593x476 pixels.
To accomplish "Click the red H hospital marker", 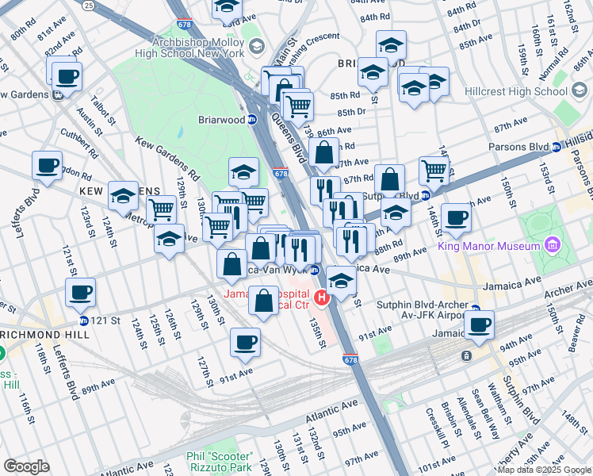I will [x=322, y=298].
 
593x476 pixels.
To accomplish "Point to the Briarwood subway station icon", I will [x=252, y=120].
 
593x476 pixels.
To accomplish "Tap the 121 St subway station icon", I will [x=84, y=321].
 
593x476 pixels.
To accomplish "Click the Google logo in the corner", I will [x=26, y=466].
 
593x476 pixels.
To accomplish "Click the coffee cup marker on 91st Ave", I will [x=245, y=342].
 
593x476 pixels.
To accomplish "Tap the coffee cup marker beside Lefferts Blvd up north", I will [x=47, y=165].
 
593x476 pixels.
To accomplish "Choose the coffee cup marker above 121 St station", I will [x=80, y=292].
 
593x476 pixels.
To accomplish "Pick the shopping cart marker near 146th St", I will [x=434, y=170].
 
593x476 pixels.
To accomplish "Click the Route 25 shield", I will [x=87, y=5].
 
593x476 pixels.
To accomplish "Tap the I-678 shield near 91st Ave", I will [x=350, y=359].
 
